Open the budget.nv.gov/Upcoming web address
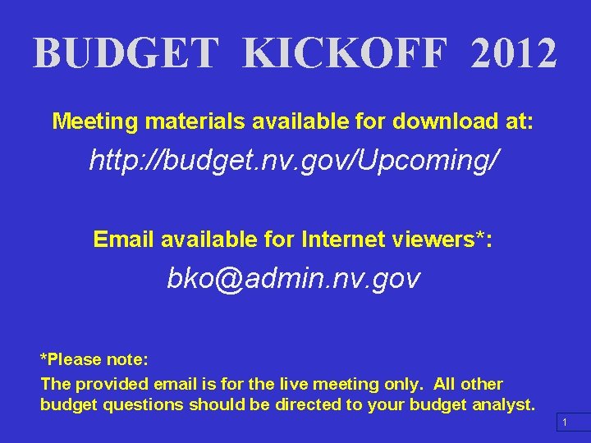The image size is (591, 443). (x=293, y=161)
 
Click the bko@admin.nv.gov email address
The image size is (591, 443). (x=293, y=279)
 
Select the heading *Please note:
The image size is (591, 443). (x=94, y=359)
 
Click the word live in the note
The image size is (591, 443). (x=296, y=384)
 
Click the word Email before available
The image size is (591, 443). (x=124, y=239)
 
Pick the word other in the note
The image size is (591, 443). (x=482, y=384)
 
